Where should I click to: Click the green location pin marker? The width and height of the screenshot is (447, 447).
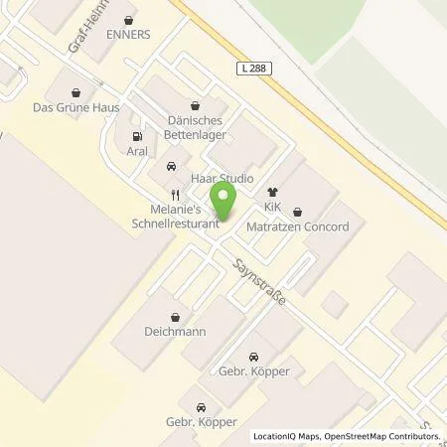point(225,201)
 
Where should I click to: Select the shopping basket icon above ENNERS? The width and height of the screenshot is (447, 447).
point(128,18)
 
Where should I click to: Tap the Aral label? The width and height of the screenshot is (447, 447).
point(137,152)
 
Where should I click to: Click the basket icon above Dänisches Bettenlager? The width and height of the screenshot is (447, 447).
point(196,103)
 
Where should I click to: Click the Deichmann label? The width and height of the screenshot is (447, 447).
point(174,331)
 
